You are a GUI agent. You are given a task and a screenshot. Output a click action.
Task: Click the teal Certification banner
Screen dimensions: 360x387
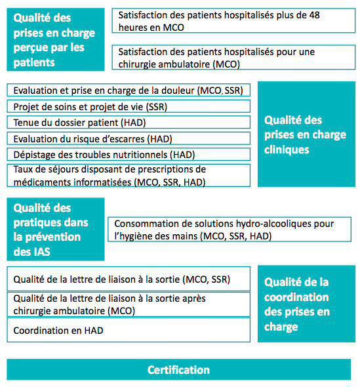click(178, 370)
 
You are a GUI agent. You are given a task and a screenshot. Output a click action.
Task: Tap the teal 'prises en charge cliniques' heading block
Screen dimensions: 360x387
click(306, 134)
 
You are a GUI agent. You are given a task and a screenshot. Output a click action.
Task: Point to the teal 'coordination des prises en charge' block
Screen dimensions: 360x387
click(306, 304)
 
